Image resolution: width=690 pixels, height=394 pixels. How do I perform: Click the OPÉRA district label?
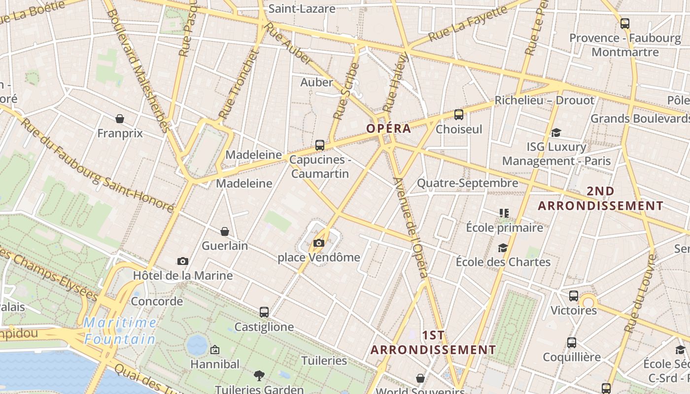click(x=388, y=129)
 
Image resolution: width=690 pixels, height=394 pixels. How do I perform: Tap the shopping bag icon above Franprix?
click(x=120, y=119)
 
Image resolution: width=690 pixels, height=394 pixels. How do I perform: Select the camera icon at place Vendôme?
click(x=319, y=243)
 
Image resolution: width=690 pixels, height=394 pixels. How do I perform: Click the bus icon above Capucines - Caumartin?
click(x=320, y=145)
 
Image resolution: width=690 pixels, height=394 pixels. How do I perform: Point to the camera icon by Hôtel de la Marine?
click(x=183, y=261)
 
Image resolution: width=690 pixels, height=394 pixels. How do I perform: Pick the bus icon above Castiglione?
click(x=264, y=312)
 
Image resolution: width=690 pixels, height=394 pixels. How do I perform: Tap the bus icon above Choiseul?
click(x=459, y=115)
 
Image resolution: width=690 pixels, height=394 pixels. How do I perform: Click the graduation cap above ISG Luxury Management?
click(x=556, y=132)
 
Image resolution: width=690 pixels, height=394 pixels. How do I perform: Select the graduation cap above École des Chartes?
click(x=503, y=248)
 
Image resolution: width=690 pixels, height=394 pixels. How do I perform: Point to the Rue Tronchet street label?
click(x=239, y=84)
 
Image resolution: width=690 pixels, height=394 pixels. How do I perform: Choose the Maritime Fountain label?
click(x=120, y=331)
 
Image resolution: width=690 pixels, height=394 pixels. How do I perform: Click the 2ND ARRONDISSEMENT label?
click(x=600, y=198)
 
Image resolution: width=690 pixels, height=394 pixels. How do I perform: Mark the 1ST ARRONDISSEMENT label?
click(x=433, y=343)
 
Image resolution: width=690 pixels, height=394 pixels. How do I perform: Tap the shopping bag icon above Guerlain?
click(x=225, y=231)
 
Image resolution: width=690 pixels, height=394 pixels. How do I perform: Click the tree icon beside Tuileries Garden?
click(x=259, y=376)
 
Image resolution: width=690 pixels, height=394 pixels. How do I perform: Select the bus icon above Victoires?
click(x=574, y=296)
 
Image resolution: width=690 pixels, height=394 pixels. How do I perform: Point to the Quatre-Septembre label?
click(x=467, y=183)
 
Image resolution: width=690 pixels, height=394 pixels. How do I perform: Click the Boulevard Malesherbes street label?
click(x=138, y=69)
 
